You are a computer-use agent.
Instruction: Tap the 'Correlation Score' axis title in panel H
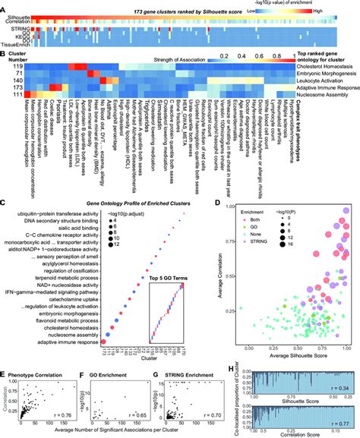click(296, 434)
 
